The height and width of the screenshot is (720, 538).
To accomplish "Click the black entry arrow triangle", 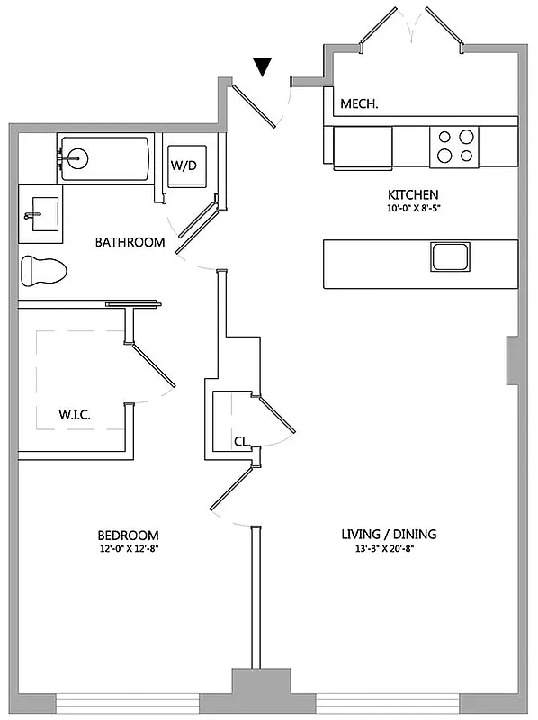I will coord(263,67).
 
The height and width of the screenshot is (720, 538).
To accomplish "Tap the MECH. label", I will coord(359,104).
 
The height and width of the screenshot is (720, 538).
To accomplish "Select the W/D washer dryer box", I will coord(185,166).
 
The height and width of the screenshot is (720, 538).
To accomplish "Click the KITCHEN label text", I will coord(413,195).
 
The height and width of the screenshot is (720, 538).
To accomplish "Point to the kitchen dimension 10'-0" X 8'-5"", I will coord(413,210).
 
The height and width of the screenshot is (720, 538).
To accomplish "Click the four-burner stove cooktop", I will coord(453,147).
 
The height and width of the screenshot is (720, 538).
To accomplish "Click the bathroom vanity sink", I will coord(40,216).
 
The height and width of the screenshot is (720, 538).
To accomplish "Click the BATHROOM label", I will coord(130,242).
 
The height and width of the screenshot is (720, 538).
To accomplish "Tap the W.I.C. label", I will coord(76,415).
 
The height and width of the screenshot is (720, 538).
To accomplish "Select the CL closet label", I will coord(241,442).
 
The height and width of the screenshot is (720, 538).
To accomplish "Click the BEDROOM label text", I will coord(130,534).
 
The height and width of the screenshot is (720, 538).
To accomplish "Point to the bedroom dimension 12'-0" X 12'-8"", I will coord(130,547).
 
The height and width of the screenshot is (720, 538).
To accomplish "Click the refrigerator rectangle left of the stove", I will coord(363,148).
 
